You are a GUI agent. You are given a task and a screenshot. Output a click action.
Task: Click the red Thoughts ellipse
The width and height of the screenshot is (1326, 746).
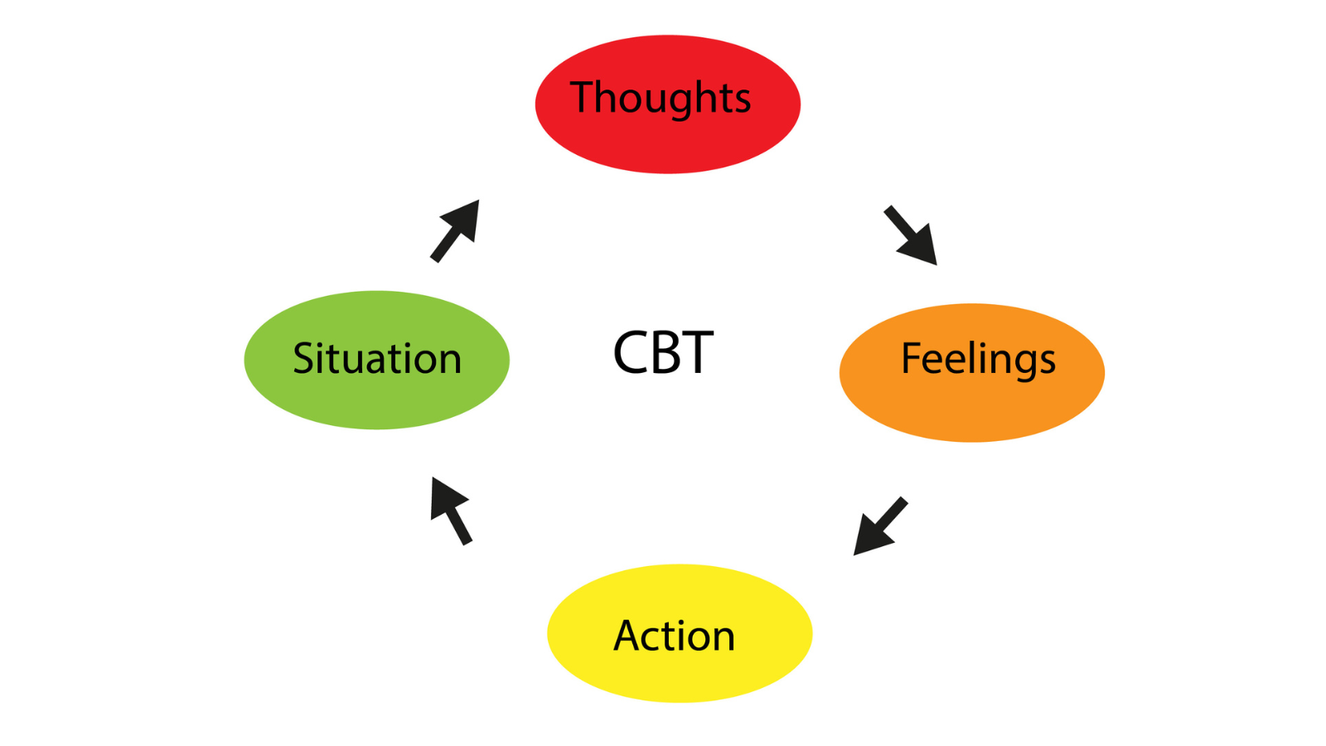pos(668,104)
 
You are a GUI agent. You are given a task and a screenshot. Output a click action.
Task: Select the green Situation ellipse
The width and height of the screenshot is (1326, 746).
pos(376,360)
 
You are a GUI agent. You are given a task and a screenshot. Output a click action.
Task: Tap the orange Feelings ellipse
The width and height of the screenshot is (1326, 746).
pos(972,373)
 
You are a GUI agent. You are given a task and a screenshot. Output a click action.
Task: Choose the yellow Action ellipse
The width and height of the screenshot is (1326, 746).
pos(680,633)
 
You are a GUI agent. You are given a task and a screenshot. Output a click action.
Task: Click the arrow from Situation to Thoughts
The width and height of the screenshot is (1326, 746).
pos(455,231)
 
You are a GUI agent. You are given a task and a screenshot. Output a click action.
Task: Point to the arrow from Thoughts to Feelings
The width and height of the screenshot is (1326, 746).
pos(911,235)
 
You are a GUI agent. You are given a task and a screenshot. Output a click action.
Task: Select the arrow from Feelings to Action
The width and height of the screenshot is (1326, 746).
pos(880,526)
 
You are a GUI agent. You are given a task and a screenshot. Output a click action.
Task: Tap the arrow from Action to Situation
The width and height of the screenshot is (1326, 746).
pos(452,511)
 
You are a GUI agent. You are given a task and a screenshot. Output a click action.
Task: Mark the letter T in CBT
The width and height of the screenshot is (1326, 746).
pos(698,353)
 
